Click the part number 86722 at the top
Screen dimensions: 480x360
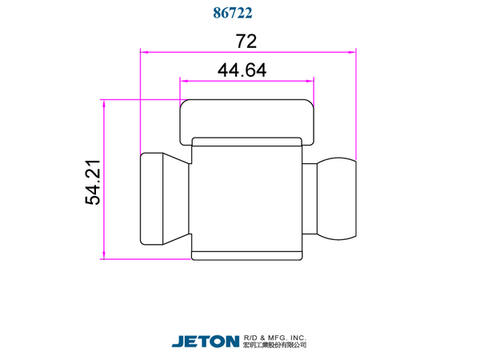pos(233,13)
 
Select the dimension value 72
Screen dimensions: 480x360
pos(246,42)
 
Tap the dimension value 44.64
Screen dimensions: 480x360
pos(242,70)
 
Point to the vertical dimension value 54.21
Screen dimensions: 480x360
pos(93,182)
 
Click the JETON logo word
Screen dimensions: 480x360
pos(206,342)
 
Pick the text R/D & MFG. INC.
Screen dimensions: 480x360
pos(275,338)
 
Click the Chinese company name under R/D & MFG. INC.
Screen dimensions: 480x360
pos(275,346)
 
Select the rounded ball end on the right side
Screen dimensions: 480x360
pos(337,198)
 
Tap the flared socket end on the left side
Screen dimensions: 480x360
pos(152,199)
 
